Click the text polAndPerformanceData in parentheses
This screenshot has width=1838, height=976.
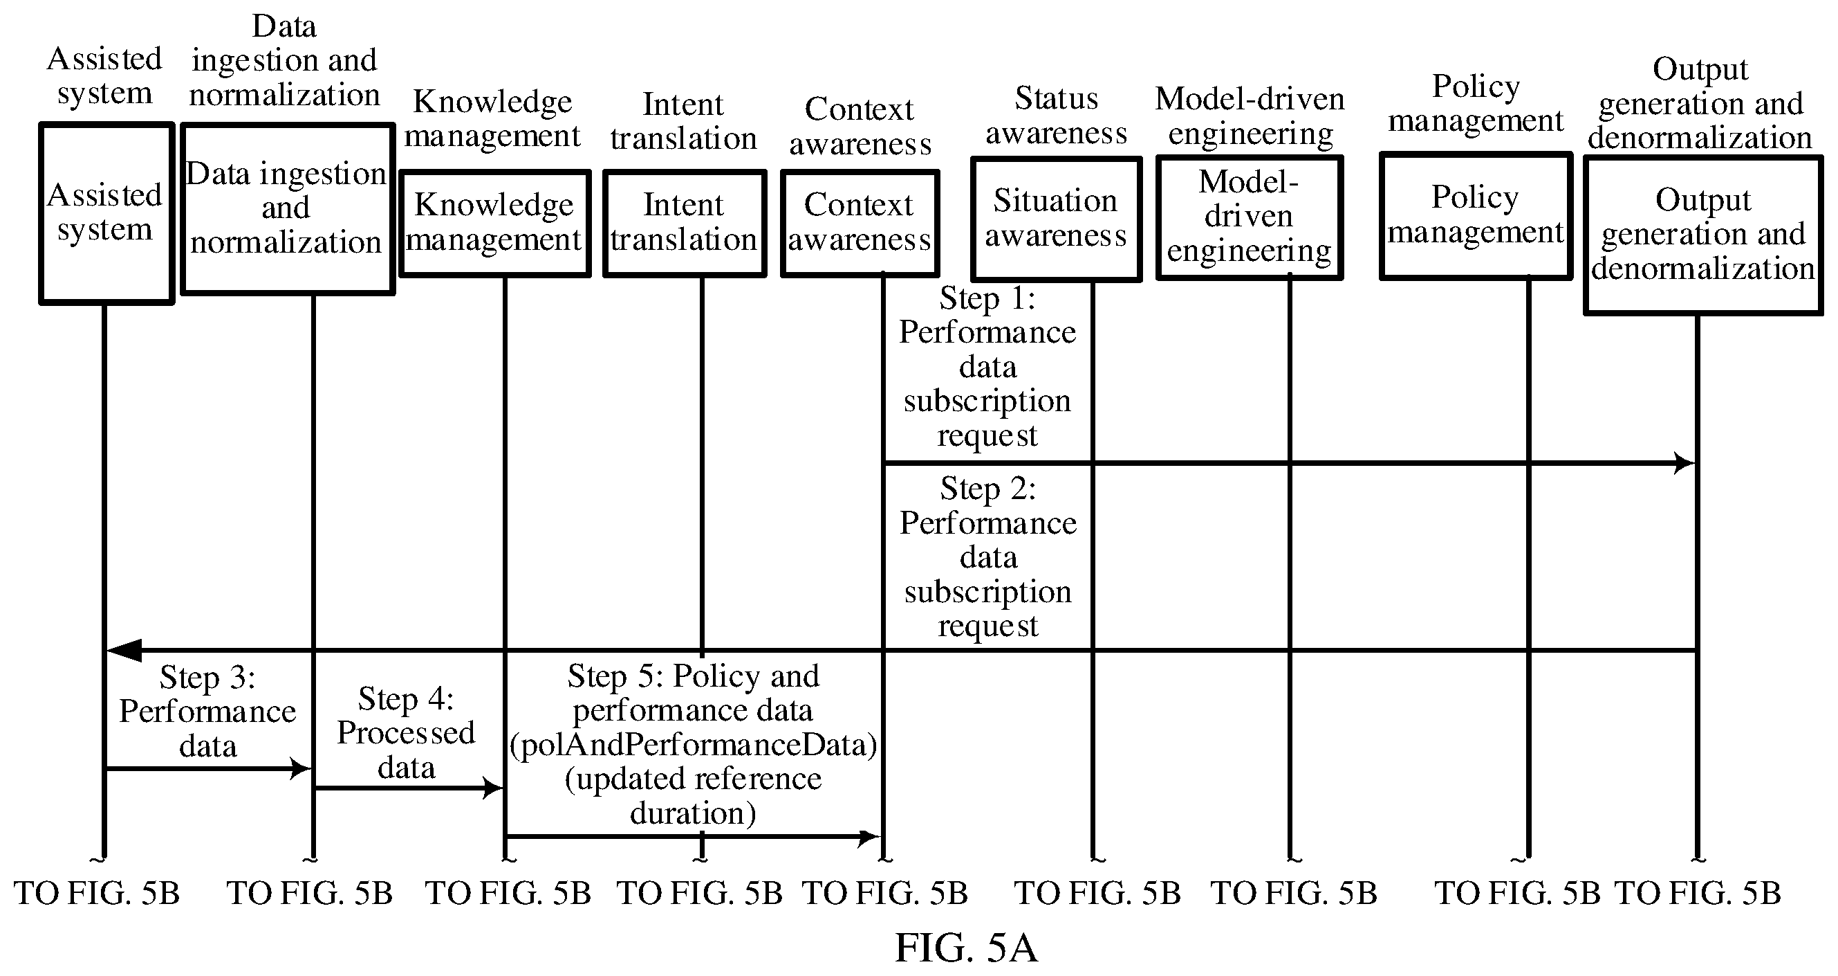pyautogui.click(x=694, y=745)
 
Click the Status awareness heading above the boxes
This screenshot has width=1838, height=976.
pyautogui.click(x=1057, y=116)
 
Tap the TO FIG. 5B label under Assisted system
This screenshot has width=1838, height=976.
pyautogui.click(x=97, y=893)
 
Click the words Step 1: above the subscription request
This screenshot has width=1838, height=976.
pyautogui.click(x=987, y=298)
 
